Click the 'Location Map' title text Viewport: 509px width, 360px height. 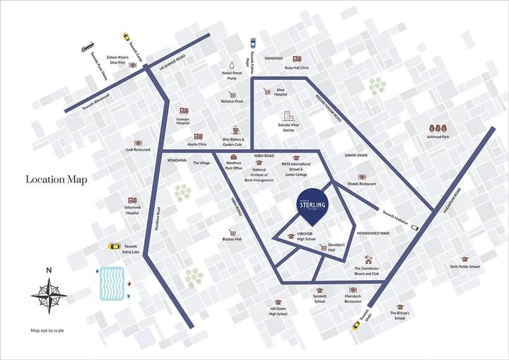pos(57,180)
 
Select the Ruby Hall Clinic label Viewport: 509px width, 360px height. pos(298,68)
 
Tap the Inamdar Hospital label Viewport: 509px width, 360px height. pos(184,123)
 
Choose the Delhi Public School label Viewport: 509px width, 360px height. pos(464,267)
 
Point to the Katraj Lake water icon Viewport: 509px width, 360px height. pos(110,284)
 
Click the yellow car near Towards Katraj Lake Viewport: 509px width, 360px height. pos(113,247)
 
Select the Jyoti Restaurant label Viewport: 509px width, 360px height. pos(138,150)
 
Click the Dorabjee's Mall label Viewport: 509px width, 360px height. pos(320,248)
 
